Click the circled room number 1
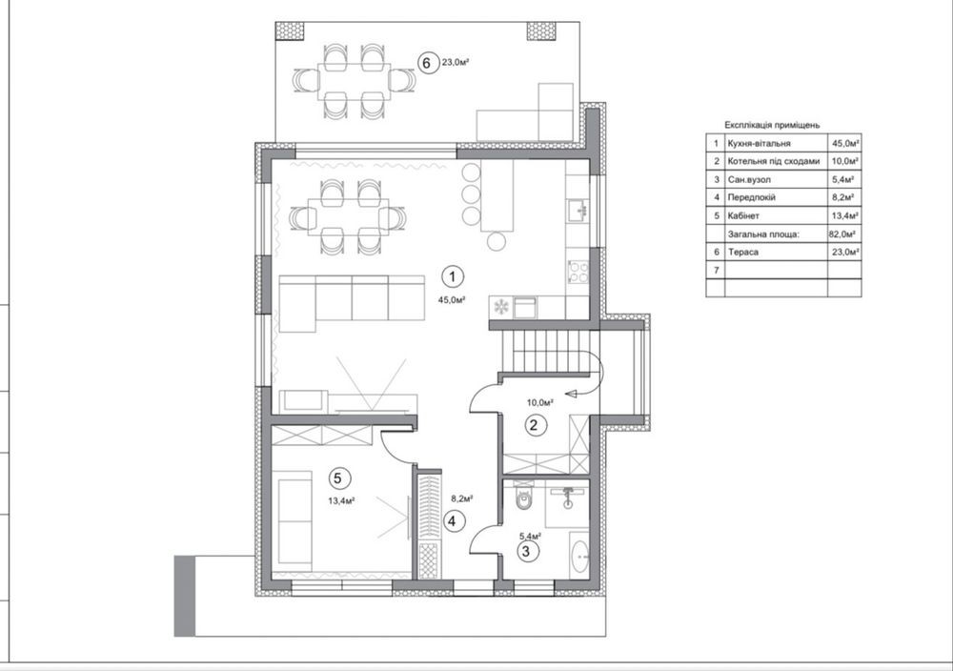pyautogui.click(x=452, y=277)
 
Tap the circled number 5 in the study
pyautogui.click(x=339, y=478)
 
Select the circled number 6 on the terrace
pyautogui.click(x=427, y=63)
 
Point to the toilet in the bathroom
pyautogui.click(x=522, y=497)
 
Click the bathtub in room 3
pyautogui.click(x=579, y=555)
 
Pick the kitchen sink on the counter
pyautogui.click(x=578, y=211)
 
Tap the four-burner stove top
pyautogui.click(x=578, y=272)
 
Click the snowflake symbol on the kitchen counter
pyautogui.click(x=501, y=306)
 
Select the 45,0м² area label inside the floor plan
pyautogui.click(x=452, y=299)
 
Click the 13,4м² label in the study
pyautogui.click(x=341, y=500)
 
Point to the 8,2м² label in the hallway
pyautogui.click(x=461, y=498)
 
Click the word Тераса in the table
pyautogui.click(x=742, y=252)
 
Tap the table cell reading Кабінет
pyautogui.click(x=743, y=215)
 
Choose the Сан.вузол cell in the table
pyautogui.click(x=749, y=180)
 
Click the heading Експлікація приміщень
pyautogui.click(x=772, y=125)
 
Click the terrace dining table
pyautogui.click(x=354, y=81)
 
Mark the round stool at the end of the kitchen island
pyautogui.click(x=497, y=241)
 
